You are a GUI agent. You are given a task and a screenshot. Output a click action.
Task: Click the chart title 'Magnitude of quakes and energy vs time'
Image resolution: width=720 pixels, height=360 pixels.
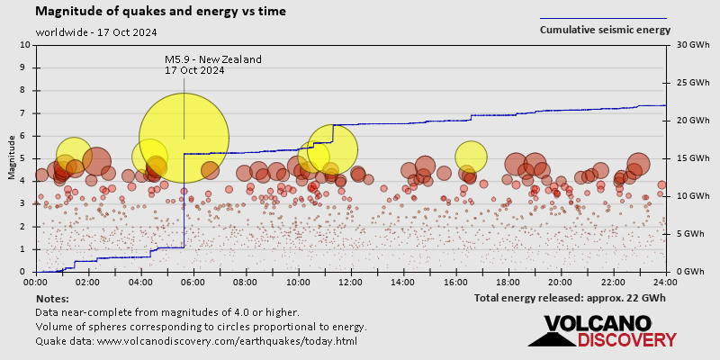tap(161, 12)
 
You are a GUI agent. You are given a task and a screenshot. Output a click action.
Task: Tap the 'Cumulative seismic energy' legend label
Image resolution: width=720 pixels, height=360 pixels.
tap(605, 30)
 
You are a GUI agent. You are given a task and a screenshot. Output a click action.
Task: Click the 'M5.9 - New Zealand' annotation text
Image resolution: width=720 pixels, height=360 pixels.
tap(213, 59)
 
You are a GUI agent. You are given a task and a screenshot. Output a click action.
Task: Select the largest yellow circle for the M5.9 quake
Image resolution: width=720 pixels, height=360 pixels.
tap(184, 139)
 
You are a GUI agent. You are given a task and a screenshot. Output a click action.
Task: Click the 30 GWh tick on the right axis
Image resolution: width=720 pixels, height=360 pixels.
tap(685, 45)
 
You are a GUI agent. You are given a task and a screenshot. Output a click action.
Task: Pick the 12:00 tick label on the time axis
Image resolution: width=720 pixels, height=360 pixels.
tap(351, 283)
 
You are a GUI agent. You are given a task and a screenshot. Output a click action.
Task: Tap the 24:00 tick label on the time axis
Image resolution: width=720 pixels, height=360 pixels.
tap(665, 283)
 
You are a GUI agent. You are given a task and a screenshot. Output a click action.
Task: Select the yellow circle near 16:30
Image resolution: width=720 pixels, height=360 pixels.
tap(471, 156)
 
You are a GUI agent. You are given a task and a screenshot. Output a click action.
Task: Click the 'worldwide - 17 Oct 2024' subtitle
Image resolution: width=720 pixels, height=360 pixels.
tap(96, 32)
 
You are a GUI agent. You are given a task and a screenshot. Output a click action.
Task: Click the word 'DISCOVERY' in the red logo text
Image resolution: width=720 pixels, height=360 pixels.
tap(627, 339)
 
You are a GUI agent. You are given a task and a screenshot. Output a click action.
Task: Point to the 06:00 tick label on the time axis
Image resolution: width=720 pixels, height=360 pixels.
tap(193, 283)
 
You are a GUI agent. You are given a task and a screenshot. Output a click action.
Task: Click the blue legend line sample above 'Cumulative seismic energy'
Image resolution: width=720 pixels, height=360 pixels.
tap(603, 18)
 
